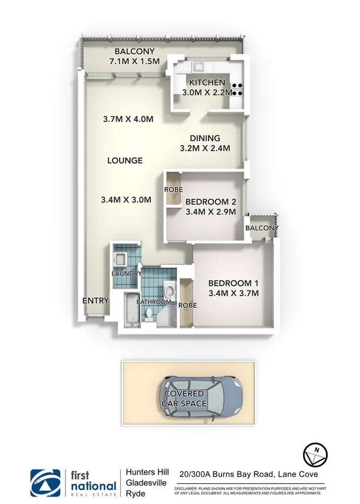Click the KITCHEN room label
pyautogui.click(x=207, y=82)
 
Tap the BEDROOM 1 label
pyautogui.click(x=234, y=282)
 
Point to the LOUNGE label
pyautogui.click(x=125, y=160)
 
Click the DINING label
pyautogui.click(x=204, y=138)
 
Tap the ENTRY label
pyautogui.click(x=95, y=300)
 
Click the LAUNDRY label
pyautogui.click(x=125, y=274)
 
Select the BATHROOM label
pyautogui.click(x=154, y=301)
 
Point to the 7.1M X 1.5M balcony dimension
pyautogui.click(x=135, y=61)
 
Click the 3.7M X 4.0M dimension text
pyautogui.click(x=128, y=119)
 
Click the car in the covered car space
pyautogui.click(x=200, y=397)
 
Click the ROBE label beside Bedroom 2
pyautogui.click(x=174, y=190)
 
